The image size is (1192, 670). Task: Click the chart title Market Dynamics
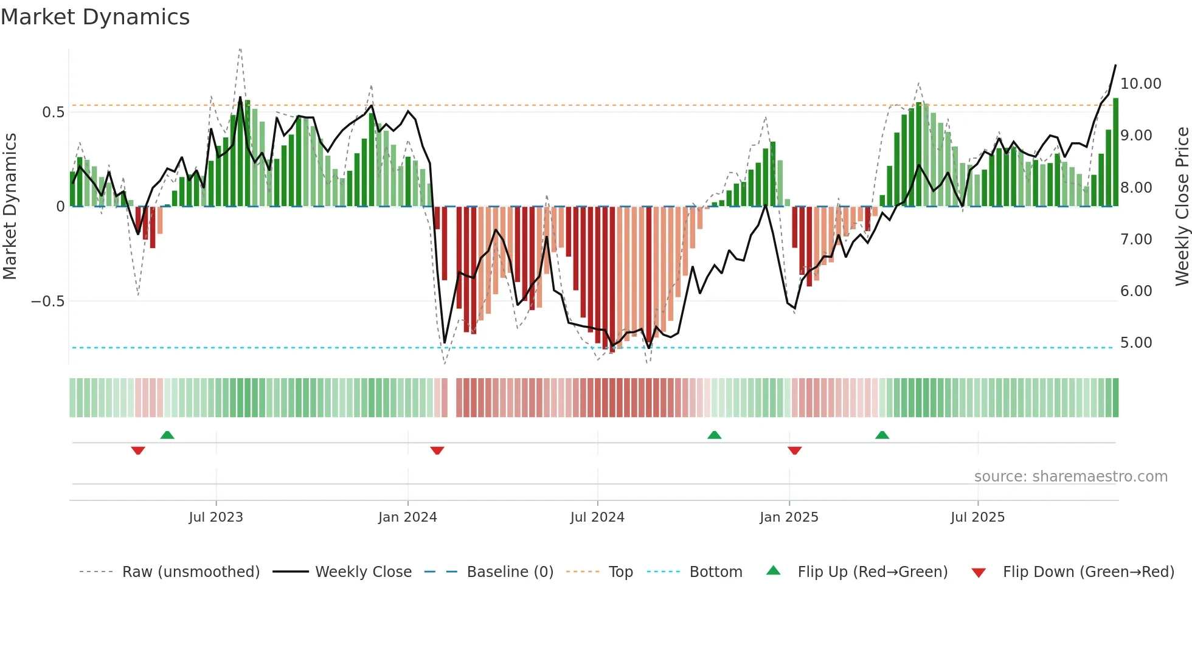pos(95,17)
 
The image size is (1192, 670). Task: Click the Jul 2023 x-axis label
pos(215,517)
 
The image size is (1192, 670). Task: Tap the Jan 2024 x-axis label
pos(407,517)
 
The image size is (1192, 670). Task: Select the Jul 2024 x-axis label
pos(597,517)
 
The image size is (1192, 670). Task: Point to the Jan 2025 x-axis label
pos(789,517)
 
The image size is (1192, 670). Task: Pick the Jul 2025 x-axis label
pos(977,517)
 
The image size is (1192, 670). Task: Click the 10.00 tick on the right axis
pos(1140,83)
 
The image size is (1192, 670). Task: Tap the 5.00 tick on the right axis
pos(1136,342)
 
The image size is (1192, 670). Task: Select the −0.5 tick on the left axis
pos(47,301)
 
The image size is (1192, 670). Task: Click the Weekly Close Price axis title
pos(1182,206)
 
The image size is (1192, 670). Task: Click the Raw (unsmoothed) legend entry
pos(190,572)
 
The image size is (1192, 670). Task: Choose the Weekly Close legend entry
pos(363,572)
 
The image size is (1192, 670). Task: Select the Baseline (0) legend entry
pos(510,572)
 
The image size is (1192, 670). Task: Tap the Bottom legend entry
pos(715,572)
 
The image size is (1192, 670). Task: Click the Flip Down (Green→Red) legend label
pos(1088,572)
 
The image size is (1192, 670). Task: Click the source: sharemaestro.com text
pos(1070,476)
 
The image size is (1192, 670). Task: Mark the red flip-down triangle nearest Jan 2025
pos(794,451)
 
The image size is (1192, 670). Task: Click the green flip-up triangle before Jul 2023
pos(167,435)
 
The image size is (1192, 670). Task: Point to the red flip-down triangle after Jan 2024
pos(437,451)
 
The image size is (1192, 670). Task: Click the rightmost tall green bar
pos(1115,152)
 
